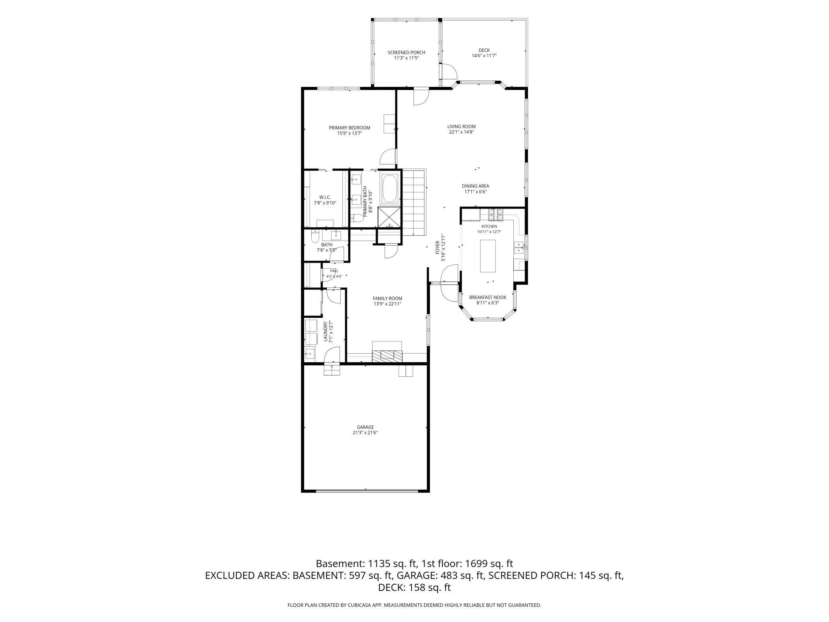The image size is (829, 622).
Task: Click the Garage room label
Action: (x=365, y=427)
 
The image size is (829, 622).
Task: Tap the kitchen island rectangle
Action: (x=488, y=256)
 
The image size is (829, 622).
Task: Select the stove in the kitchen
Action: (x=496, y=215)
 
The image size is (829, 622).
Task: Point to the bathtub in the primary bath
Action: (x=390, y=189)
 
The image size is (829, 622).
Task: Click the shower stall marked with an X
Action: (x=389, y=218)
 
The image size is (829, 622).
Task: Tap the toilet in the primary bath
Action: (x=357, y=218)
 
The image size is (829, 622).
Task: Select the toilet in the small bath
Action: (x=314, y=237)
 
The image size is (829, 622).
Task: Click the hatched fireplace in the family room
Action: (x=387, y=356)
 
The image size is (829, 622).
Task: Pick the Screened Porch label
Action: (x=406, y=53)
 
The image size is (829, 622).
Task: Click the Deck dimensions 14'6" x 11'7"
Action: (x=484, y=56)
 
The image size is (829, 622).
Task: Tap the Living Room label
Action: (x=461, y=127)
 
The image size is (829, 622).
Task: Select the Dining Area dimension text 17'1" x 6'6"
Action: (x=475, y=191)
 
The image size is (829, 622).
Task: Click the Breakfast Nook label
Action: (x=487, y=297)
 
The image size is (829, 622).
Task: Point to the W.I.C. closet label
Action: (x=325, y=197)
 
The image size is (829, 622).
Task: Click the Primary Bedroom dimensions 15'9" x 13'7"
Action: (x=349, y=133)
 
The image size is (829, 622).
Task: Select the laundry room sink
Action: (x=310, y=354)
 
